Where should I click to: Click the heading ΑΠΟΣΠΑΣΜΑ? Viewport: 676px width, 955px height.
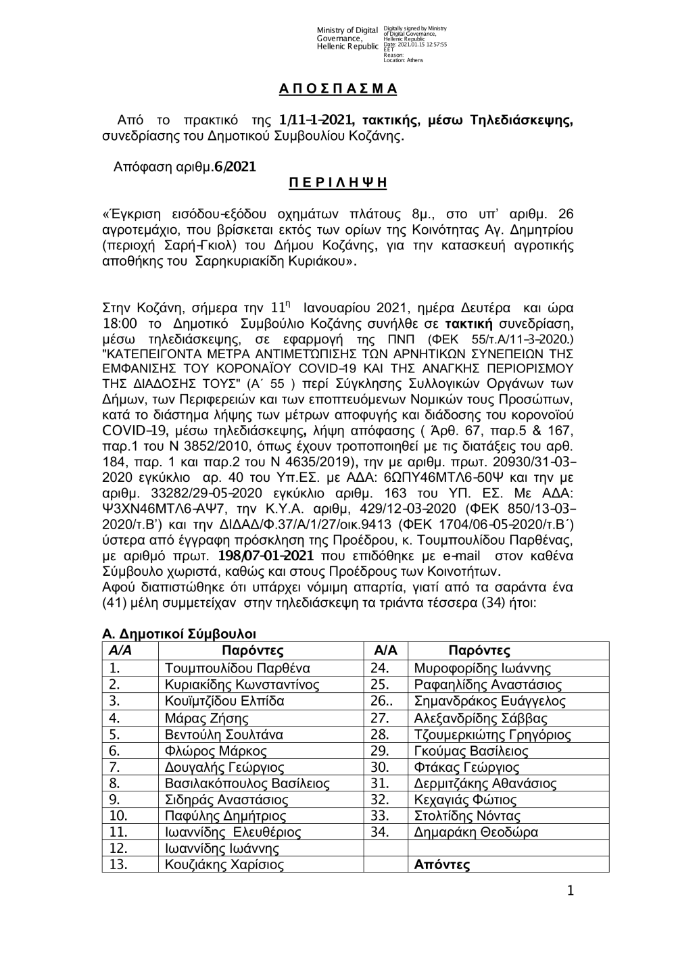tap(338, 89)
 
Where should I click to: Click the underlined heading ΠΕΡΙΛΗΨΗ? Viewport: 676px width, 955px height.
tap(338, 182)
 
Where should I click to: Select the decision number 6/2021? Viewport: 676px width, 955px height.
tap(235, 166)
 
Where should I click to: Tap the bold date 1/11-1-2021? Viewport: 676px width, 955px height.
tap(317, 121)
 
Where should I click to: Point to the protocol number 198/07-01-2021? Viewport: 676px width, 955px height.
tap(266, 556)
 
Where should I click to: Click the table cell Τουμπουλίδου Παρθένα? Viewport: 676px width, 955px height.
tap(237, 668)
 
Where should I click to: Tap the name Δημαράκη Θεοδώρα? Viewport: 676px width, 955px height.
tap(476, 832)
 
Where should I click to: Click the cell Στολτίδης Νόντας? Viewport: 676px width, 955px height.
tap(467, 816)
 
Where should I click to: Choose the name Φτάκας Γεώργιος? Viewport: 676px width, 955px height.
tap(466, 767)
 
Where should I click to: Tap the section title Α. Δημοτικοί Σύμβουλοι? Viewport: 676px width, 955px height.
tap(179, 634)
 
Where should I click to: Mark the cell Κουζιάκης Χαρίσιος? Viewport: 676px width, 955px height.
tap(224, 864)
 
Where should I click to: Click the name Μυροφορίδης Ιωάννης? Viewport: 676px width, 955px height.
tap(482, 668)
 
